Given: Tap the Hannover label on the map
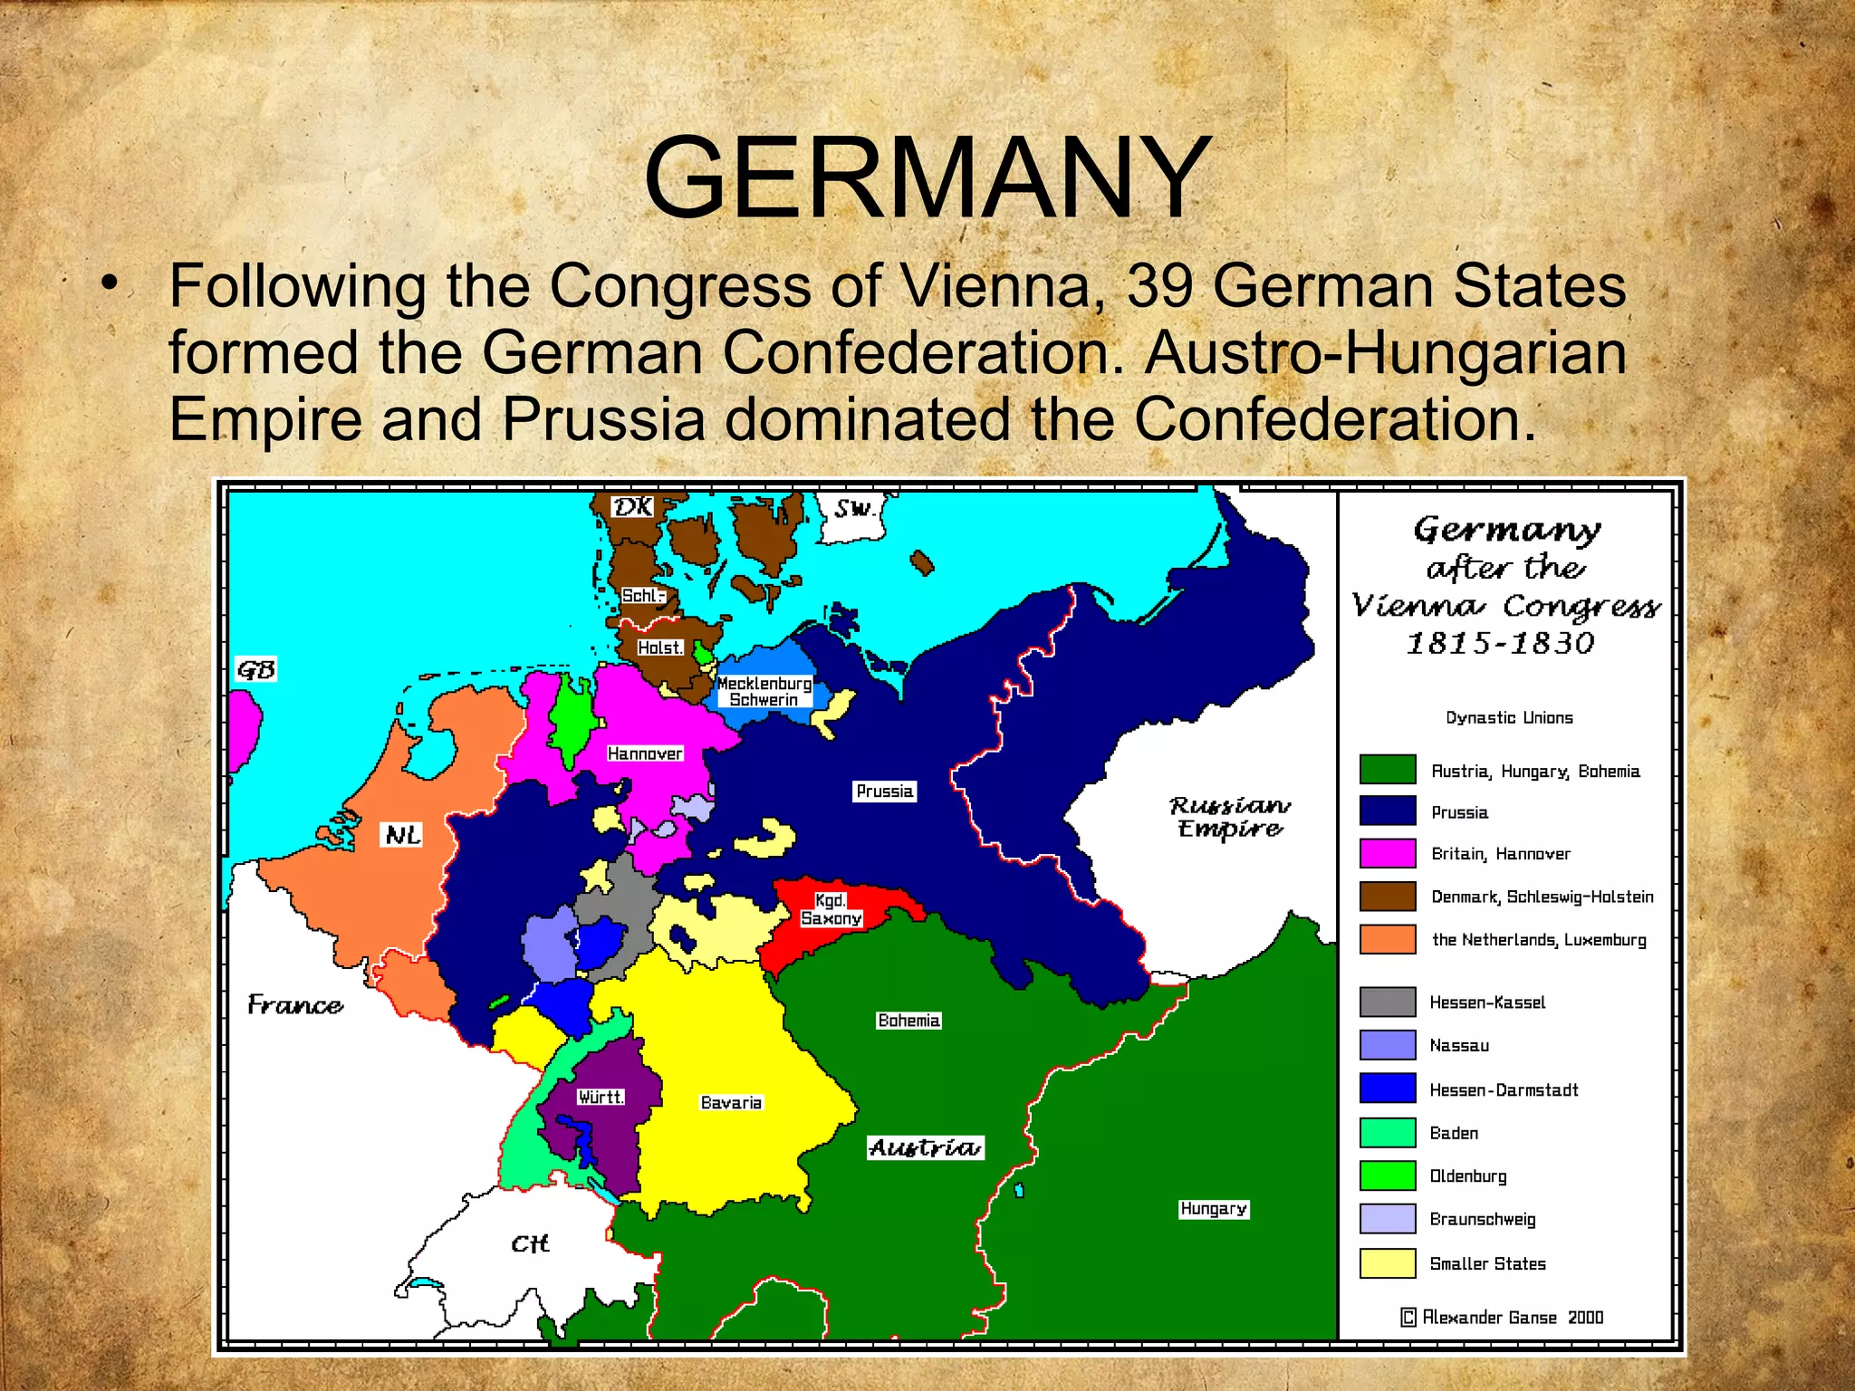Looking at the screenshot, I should (644, 753).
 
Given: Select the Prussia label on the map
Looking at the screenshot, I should (885, 791).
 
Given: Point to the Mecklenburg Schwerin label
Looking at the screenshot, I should (764, 691).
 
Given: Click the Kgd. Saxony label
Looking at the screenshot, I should (831, 909).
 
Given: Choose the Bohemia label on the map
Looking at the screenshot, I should (908, 1021).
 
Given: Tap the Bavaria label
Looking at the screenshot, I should (731, 1102).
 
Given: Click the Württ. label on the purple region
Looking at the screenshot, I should (601, 1097).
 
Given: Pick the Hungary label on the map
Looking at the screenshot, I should (1214, 1209).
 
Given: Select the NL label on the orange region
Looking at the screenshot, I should (402, 834).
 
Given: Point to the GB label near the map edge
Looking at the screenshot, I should (255, 669).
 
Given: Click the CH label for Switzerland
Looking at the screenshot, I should (530, 1243).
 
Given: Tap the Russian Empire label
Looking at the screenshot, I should (1229, 817).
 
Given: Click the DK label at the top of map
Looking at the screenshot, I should (631, 506).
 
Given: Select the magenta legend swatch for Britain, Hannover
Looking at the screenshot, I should (1387, 853).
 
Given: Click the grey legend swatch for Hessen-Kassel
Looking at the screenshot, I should (1387, 1002).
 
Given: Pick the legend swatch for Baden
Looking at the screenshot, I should (1387, 1133).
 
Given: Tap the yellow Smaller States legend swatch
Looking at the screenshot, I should (1387, 1263).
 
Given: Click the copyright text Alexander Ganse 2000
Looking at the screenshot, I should (1503, 1317).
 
